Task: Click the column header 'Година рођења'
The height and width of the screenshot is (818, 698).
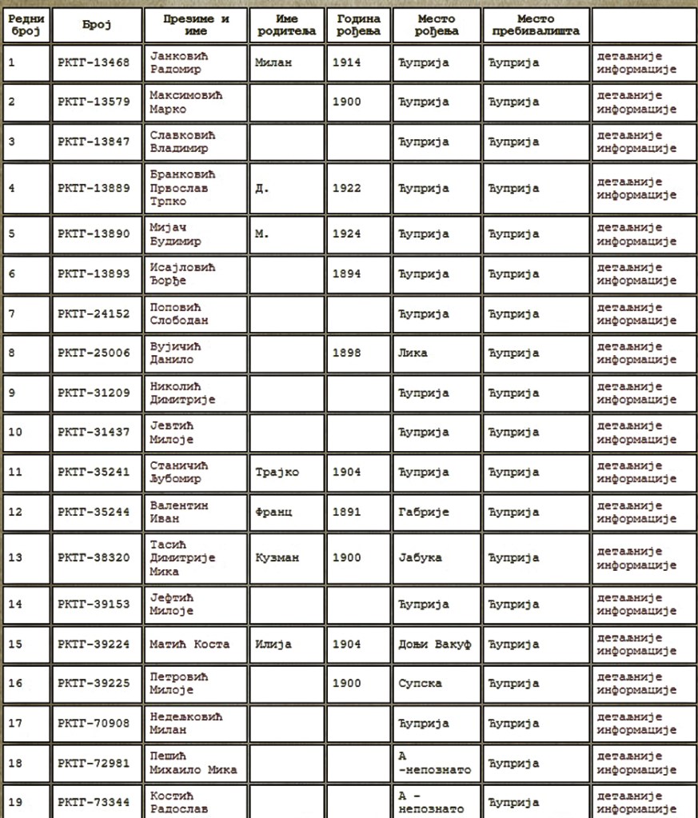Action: coord(359,25)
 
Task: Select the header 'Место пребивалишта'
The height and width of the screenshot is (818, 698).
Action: coord(536,25)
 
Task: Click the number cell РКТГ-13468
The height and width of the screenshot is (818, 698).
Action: coord(95,62)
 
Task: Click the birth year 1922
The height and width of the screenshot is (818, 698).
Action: coord(346,189)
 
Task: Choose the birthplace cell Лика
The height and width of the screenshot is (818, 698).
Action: coord(412,353)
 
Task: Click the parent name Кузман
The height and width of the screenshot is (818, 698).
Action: coord(277,558)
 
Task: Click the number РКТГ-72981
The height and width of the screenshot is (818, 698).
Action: coord(95,764)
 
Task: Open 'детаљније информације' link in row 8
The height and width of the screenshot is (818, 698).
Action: coord(636,353)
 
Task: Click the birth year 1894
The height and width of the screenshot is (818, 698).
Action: coord(346,274)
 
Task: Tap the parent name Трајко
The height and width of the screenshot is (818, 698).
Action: coord(277,473)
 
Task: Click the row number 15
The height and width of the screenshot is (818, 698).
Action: coord(16,644)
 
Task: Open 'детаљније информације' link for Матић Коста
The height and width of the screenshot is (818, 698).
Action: coord(636,644)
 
